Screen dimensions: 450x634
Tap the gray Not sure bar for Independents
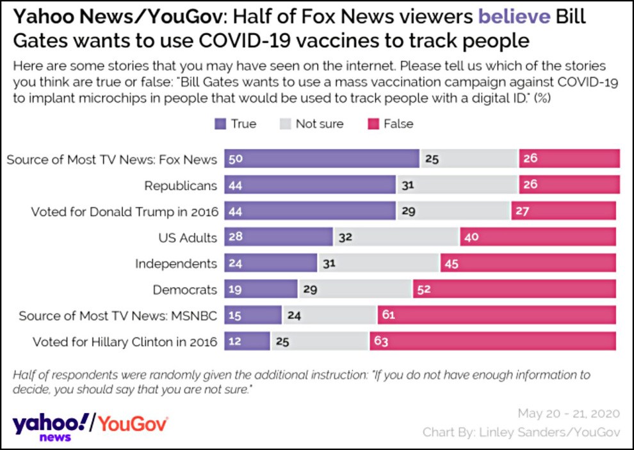coord(378,263)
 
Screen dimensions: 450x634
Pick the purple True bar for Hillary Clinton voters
coord(247,341)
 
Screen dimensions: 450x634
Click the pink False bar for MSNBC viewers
coord(496,315)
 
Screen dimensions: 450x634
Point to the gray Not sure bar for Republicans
coord(457,185)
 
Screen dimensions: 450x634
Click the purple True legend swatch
coord(220,124)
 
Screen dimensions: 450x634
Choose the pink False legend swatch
coord(372,124)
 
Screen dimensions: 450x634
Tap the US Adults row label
coord(188,238)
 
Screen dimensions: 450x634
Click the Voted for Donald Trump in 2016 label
coord(124,212)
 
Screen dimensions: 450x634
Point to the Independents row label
coord(176,263)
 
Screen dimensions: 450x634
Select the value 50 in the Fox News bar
coord(236,159)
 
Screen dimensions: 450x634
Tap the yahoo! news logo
coord(51,426)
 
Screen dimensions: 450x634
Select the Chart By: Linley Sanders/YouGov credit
coord(521,433)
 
